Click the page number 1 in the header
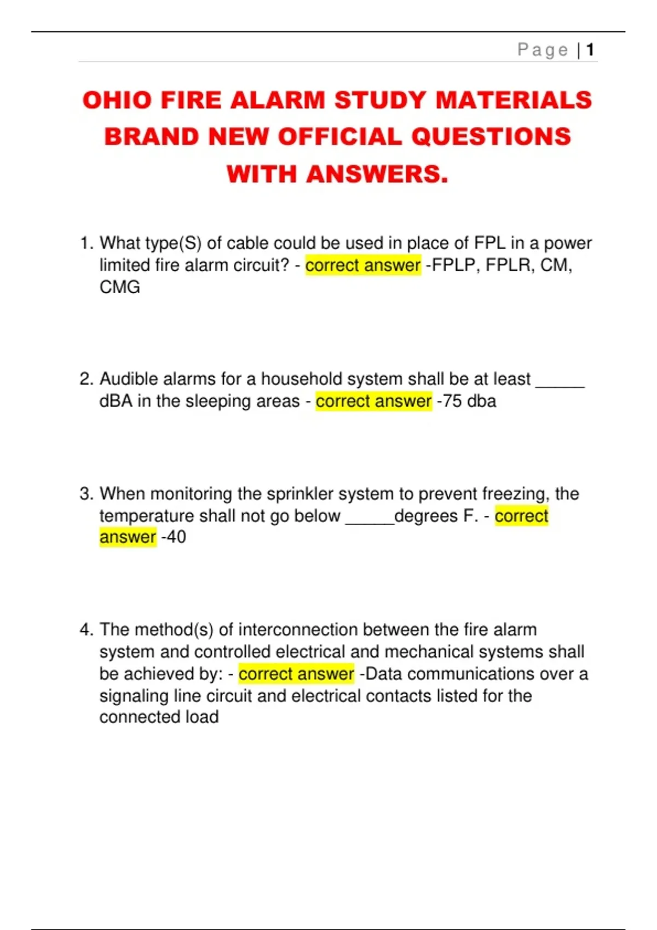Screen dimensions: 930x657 (590, 50)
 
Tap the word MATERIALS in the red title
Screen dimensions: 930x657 (514, 101)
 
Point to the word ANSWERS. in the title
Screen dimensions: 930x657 (377, 175)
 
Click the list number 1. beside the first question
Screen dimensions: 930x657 (87, 243)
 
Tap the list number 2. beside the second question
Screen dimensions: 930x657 (87, 379)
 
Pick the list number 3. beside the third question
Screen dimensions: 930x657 (87, 493)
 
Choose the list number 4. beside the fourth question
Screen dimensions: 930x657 (87, 630)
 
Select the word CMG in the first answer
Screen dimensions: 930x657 (120, 287)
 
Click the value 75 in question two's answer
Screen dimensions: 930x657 (452, 401)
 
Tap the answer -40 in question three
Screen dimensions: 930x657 (174, 537)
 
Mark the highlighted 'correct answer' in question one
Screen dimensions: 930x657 (363, 265)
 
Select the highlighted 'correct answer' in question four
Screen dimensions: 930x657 (296, 674)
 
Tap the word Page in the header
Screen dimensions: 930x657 (543, 50)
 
